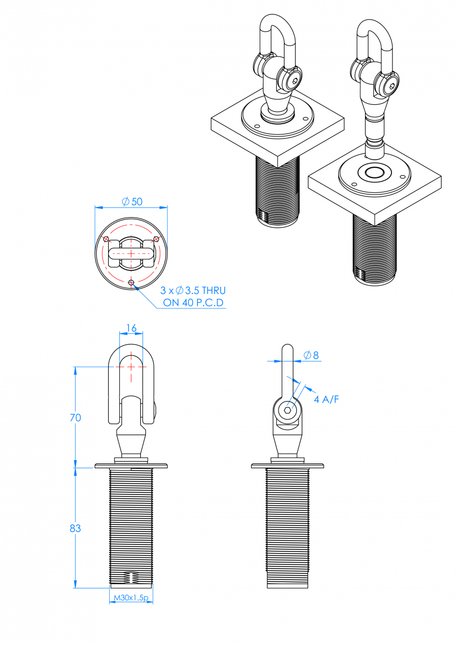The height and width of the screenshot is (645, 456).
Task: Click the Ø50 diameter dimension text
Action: coord(132,202)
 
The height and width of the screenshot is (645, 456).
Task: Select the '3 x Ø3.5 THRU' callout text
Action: coord(193,291)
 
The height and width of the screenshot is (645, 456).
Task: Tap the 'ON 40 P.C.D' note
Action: coord(193,303)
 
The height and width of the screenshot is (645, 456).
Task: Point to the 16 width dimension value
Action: coord(131,328)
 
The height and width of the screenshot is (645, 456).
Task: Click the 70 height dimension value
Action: coord(75,418)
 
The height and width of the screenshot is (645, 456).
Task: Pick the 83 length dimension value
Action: coord(75,528)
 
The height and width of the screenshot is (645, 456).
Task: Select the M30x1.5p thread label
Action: coord(131,598)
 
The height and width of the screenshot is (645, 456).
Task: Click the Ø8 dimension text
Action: coord(311,355)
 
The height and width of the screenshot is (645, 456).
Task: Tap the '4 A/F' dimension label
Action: coord(326,399)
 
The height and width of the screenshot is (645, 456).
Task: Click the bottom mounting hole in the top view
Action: coord(131,282)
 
